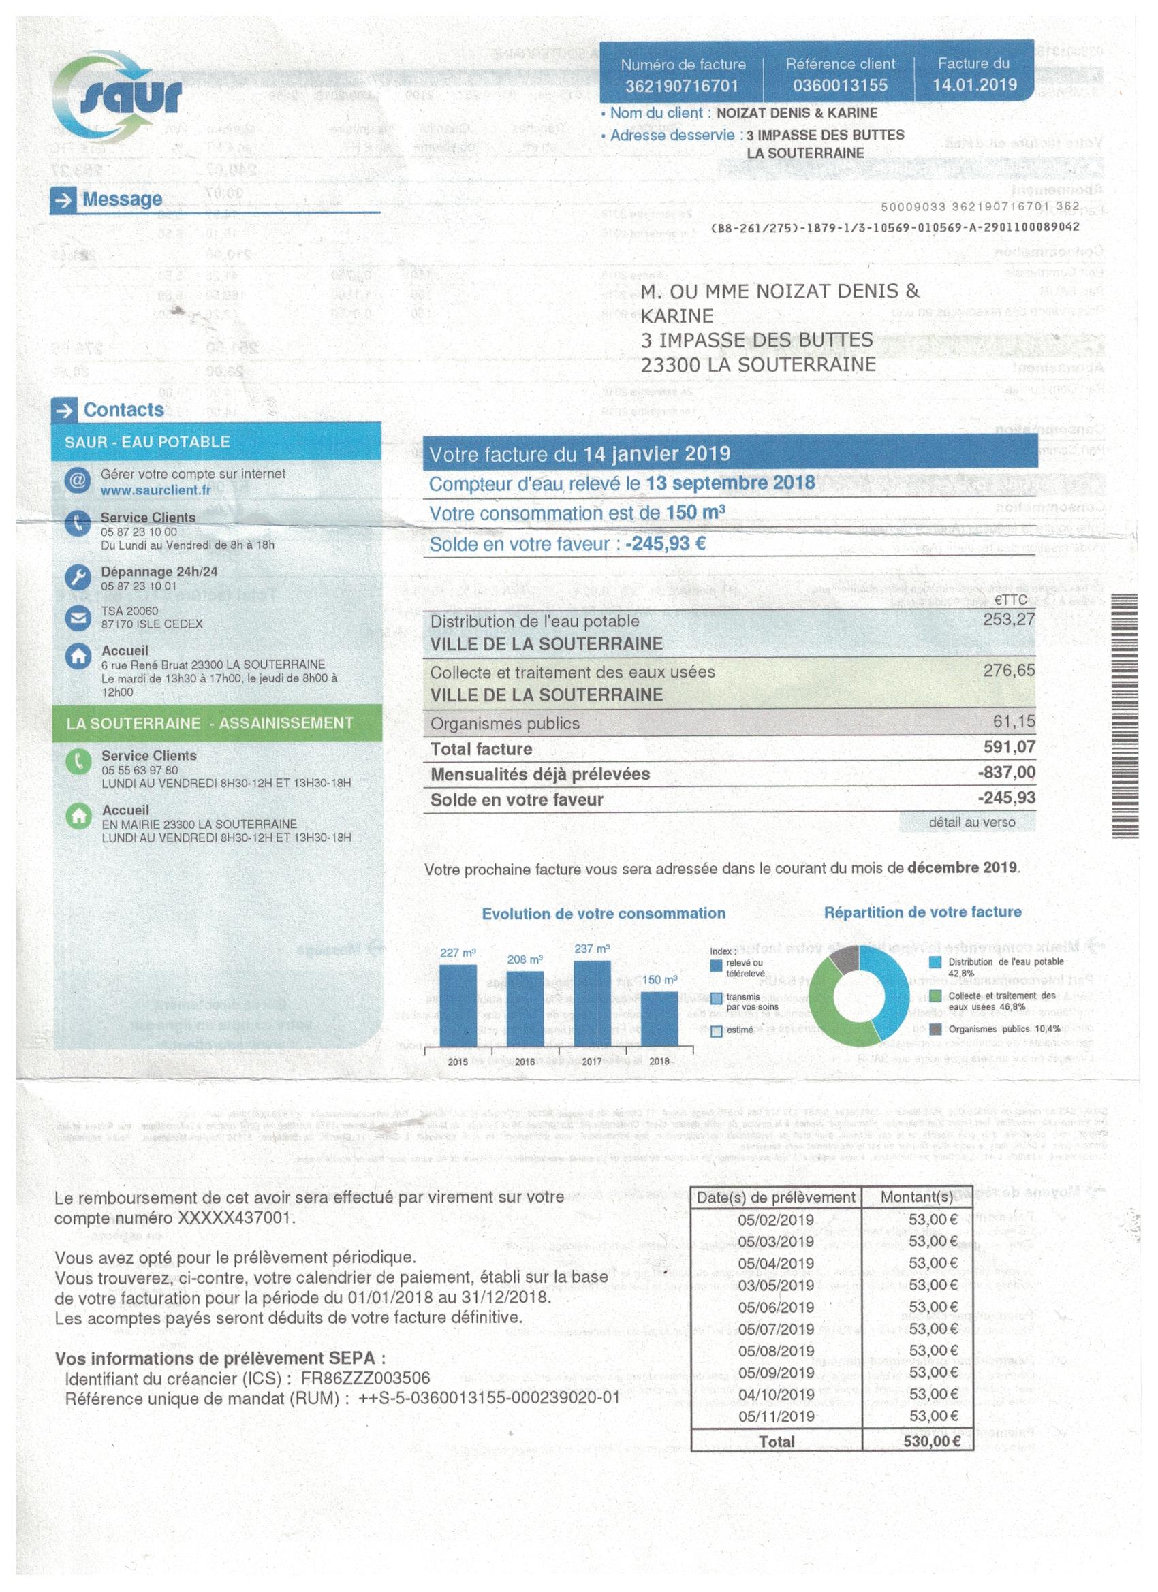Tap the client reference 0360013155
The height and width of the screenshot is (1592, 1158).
[840, 86]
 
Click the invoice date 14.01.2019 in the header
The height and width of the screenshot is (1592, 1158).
[974, 84]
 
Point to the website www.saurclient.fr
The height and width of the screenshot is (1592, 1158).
[155, 490]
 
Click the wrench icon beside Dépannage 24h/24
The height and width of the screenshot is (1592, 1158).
[77, 577]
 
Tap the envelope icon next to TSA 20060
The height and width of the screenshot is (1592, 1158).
[77, 618]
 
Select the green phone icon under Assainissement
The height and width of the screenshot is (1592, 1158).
[78, 763]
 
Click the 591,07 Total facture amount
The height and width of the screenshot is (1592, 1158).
[1009, 746]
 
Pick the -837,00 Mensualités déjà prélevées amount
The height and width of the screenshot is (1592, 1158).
[1006, 772]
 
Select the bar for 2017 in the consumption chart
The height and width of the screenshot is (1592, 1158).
[592, 1003]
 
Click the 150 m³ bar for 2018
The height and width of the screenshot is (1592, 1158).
[659, 1018]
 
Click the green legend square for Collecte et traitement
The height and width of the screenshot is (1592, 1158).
[935, 996]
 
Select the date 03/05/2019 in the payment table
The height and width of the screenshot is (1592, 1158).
[775, 1284]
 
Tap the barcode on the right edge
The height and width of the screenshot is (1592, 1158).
[1125, 715]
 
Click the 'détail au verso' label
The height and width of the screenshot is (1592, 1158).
[971, 822]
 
